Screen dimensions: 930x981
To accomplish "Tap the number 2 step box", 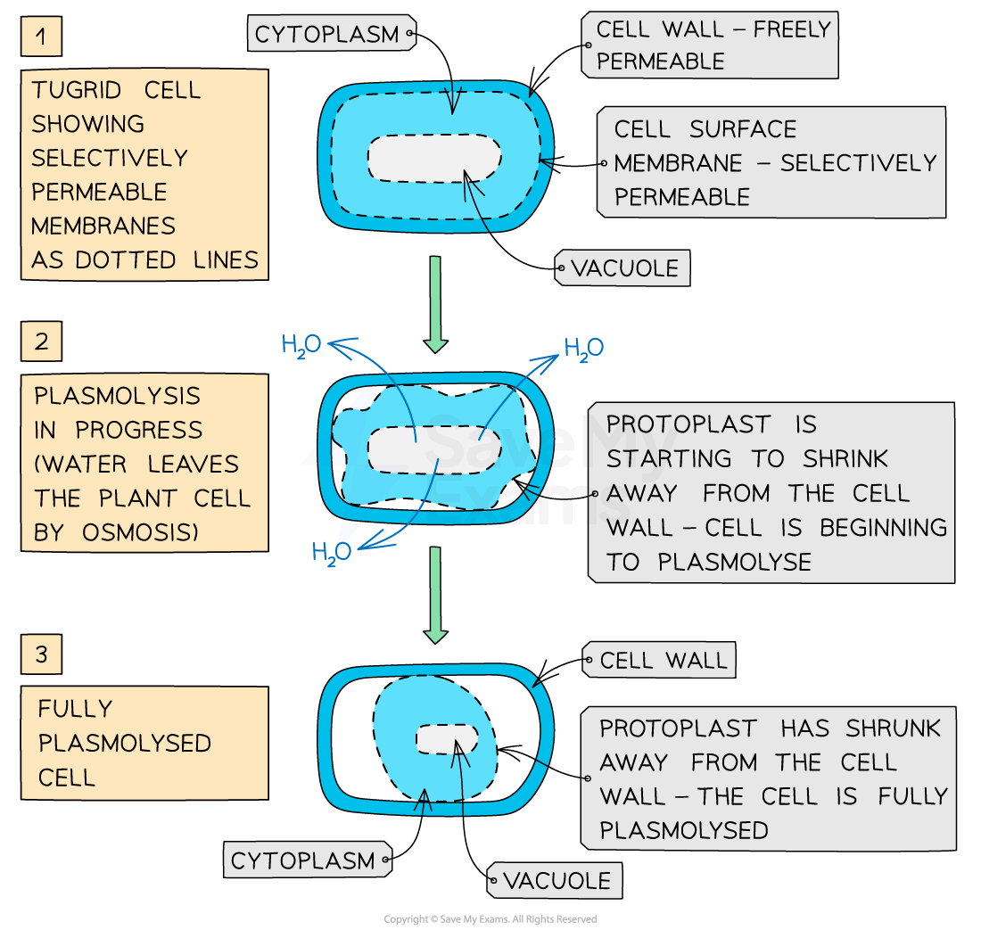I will (x=42, y=342).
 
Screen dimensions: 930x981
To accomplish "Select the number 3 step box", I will (x=42, y=655).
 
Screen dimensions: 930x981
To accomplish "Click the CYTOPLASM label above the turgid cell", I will (x=326, y=35).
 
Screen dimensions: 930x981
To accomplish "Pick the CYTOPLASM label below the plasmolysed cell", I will (x=302, y=860).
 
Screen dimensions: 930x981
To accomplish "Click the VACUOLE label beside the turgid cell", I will (x=624, y=267).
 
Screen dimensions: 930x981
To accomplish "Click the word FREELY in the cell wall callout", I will (x=792, y=29).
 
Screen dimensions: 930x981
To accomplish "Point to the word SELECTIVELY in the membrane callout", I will (x=859, y=163).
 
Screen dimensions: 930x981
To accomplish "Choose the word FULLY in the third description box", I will (x=76, y=709).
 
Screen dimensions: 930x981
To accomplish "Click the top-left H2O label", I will (x=301, y=345).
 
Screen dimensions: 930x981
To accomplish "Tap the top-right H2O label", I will (x=584, y=348).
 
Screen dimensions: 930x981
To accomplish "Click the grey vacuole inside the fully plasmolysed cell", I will (x=446, y=739).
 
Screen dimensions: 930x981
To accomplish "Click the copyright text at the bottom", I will (x=490, y=919).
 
